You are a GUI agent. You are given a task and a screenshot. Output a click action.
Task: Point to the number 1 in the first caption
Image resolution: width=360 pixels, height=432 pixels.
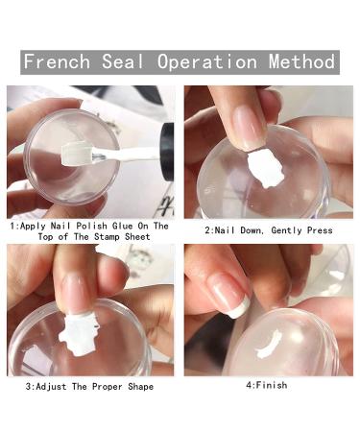click(x=12, y=227)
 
